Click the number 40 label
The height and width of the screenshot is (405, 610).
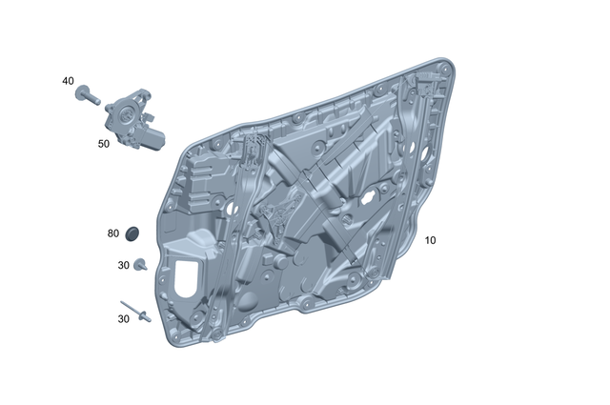pyautogui.click(x=68, y=81)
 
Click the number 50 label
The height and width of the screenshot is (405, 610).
pyautogui.click(x=104, y=144)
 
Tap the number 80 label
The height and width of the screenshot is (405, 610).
pyautogui.click(x=113, y=233)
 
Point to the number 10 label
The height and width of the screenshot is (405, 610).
pyautogui.click(x=430, y=240)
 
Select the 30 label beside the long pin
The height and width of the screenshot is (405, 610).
pyautogui.click(x=124, y=319)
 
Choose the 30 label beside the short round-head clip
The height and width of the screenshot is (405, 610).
pyautogui.click(x=124, y=265)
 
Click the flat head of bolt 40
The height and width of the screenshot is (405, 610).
pyautogui.click(x=84, y=89)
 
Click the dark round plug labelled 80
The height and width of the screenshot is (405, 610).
pyautogui.click(x=132, y=232)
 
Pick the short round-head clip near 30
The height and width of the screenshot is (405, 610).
pyautogui.click(x=139, y=265)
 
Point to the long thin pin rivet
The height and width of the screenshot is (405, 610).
pyautogui.click(x=136, y=314)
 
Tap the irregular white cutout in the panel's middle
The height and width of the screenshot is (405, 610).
pyautogui.click(x=367, y=199)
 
